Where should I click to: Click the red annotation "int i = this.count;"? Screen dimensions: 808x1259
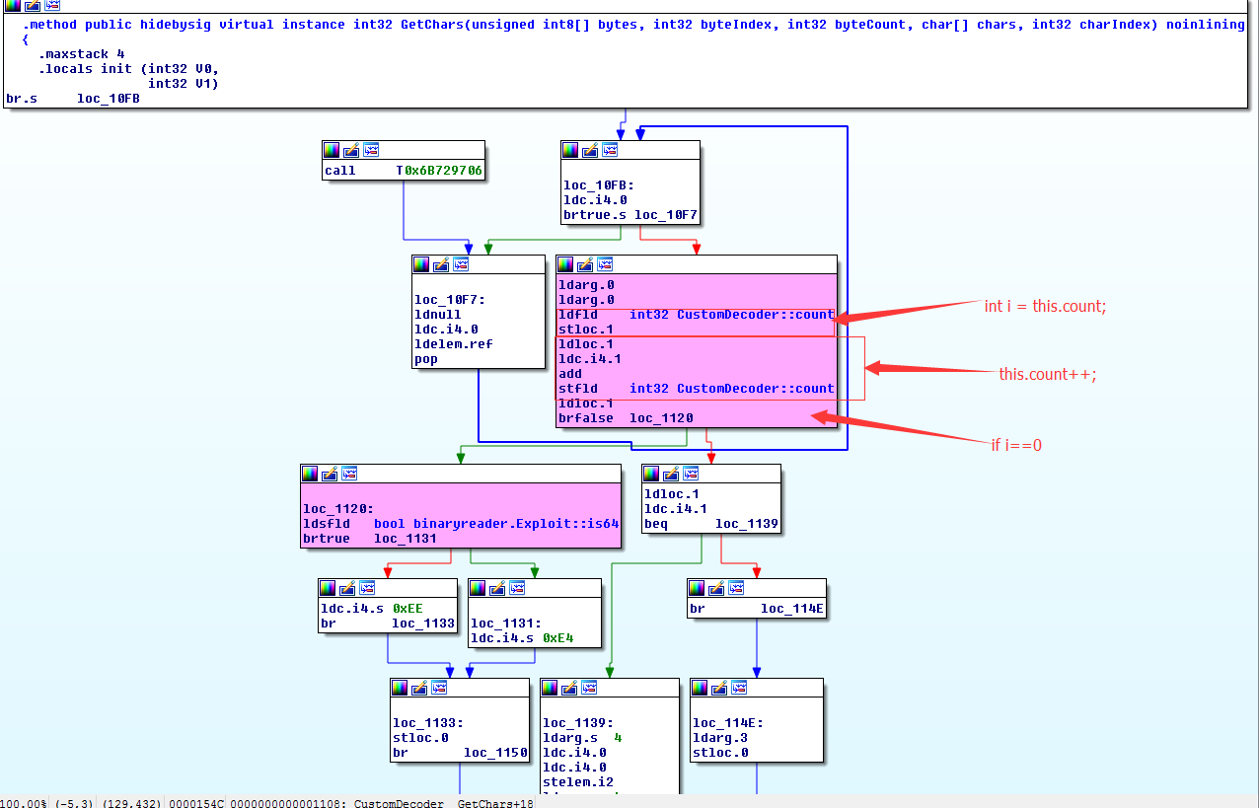[1045, 306]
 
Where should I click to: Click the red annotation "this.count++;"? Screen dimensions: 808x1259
[1047, 374]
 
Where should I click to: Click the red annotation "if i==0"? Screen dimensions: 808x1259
[1015, 445]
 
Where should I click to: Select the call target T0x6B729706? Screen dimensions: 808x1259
[439, 171]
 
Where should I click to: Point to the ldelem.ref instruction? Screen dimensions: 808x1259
[453, 344]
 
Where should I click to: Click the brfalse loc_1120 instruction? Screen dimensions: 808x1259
[626, 418]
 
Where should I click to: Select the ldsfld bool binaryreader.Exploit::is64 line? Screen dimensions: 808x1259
[461, 523]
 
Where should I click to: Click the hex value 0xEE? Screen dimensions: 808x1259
[407, 609]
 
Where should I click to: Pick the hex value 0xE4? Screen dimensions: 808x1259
[557, 638]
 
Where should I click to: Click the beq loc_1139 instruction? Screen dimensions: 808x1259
[689, 523]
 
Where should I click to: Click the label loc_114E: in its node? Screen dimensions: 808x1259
[727, 723]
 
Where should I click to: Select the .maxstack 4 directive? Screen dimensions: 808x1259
[82, 54]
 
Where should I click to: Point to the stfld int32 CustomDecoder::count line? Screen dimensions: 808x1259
[696, 389]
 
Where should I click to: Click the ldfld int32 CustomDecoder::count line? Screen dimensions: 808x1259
[696, 315]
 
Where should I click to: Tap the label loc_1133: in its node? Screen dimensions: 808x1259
[427, 723]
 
